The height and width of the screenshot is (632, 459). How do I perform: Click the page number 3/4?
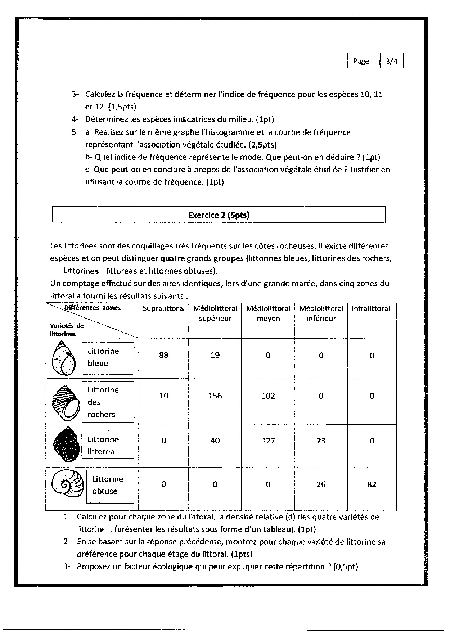392,61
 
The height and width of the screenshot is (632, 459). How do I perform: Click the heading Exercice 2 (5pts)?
219,215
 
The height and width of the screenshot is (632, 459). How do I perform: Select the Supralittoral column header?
163,308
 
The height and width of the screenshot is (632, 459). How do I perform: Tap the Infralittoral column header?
371,308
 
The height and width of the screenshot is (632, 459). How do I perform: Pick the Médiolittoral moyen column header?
268,313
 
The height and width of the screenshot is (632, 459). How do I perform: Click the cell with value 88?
163,355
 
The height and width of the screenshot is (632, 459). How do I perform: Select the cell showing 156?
215,396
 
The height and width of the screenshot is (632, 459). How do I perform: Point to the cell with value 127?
268,441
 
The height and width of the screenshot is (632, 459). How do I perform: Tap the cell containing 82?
372,484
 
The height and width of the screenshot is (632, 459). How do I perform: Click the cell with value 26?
321,484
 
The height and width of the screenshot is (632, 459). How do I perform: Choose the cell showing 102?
268,396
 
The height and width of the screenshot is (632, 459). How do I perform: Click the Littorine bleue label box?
108,357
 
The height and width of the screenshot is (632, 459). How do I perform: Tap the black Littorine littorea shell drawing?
66,445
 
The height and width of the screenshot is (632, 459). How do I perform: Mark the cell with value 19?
215,355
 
